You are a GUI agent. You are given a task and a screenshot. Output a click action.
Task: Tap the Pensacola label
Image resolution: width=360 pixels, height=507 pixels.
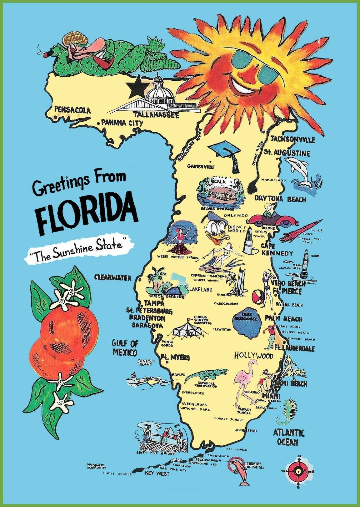72,110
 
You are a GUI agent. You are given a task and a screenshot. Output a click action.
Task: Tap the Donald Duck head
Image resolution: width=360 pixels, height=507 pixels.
215,227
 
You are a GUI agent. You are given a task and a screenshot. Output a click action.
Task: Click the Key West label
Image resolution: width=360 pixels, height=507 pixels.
157,474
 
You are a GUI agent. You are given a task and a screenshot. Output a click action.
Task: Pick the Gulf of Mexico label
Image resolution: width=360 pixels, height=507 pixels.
125,348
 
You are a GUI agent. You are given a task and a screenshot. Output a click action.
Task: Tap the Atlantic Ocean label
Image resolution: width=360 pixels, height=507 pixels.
288,437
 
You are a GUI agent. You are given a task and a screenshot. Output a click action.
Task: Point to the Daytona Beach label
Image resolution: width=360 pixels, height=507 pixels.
280,199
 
